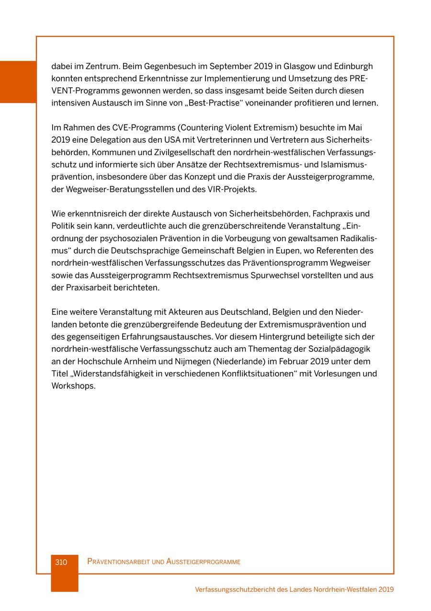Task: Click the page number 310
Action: (61, 562)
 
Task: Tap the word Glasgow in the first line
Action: (299, 66)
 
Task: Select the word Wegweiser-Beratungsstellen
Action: (108, 189)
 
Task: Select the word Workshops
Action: (73, 386)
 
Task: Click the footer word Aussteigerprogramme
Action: (203, 562)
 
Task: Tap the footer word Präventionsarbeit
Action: (118, 562)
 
